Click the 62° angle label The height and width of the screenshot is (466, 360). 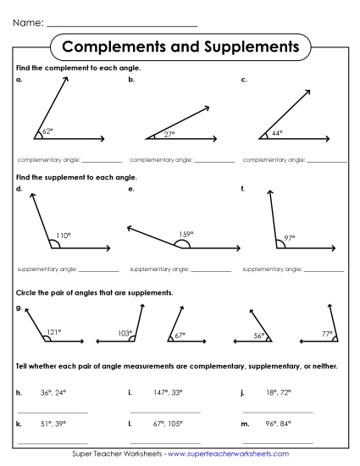point(47,132)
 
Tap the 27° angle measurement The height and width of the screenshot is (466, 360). point(169,134)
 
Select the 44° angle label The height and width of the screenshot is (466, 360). point(277,133)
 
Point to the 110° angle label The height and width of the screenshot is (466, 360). point(63,236)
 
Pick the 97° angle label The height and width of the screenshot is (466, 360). point(290,238)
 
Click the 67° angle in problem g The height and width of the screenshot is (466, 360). point(180,336)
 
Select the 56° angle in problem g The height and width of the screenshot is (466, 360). point(260,336)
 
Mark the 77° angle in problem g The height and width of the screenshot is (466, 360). point(327,333)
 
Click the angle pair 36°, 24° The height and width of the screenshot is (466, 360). point(53,393)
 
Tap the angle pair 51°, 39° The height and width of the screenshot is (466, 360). point(53,423)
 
